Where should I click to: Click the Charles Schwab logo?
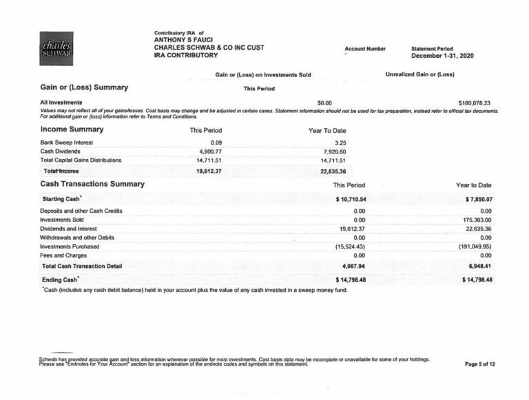(x=56, y=49)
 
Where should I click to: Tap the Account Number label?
(x=365, y=49)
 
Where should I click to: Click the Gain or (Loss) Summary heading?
(x=84, y=87)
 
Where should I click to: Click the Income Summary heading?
(x=72, y=129)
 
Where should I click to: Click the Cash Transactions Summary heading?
(x=92, y=185)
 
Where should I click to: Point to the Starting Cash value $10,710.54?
(x=350, y=199)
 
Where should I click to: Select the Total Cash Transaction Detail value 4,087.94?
(x=353, y=265)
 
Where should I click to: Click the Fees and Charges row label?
(x=64, y=255)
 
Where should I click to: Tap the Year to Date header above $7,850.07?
(x=474, y=185)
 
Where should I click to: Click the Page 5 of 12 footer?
(x=480, y=364)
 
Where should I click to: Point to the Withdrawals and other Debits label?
(x=77, y=237)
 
